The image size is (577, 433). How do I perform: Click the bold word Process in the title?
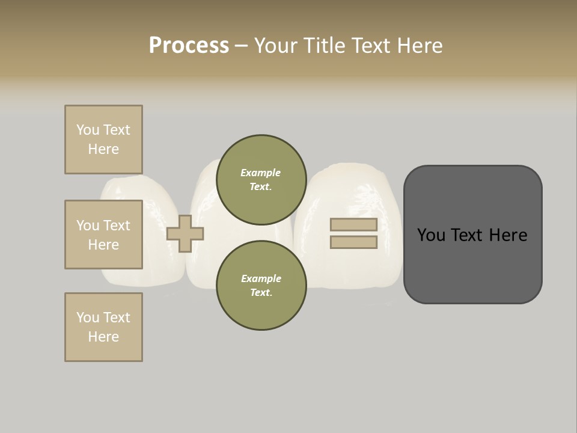[189, 46]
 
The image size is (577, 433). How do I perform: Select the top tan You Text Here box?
[103, 140]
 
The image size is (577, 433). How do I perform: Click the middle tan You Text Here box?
[103, 235]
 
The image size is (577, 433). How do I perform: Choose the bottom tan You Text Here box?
[103, 327]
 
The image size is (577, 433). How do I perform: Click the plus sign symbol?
[185, 233]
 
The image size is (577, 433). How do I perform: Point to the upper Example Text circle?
[261, 179]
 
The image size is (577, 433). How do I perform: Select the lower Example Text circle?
[261, 285]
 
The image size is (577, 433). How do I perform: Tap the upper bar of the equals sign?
[353, 225]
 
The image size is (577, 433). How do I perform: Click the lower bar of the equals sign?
[353, 242]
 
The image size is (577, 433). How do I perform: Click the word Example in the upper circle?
[261, 173]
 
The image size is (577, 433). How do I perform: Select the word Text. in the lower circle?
[261, 292]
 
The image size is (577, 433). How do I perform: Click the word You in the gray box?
[432, 235]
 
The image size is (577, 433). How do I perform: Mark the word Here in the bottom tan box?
[103, 337]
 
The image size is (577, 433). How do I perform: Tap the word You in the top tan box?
[88, 130]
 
